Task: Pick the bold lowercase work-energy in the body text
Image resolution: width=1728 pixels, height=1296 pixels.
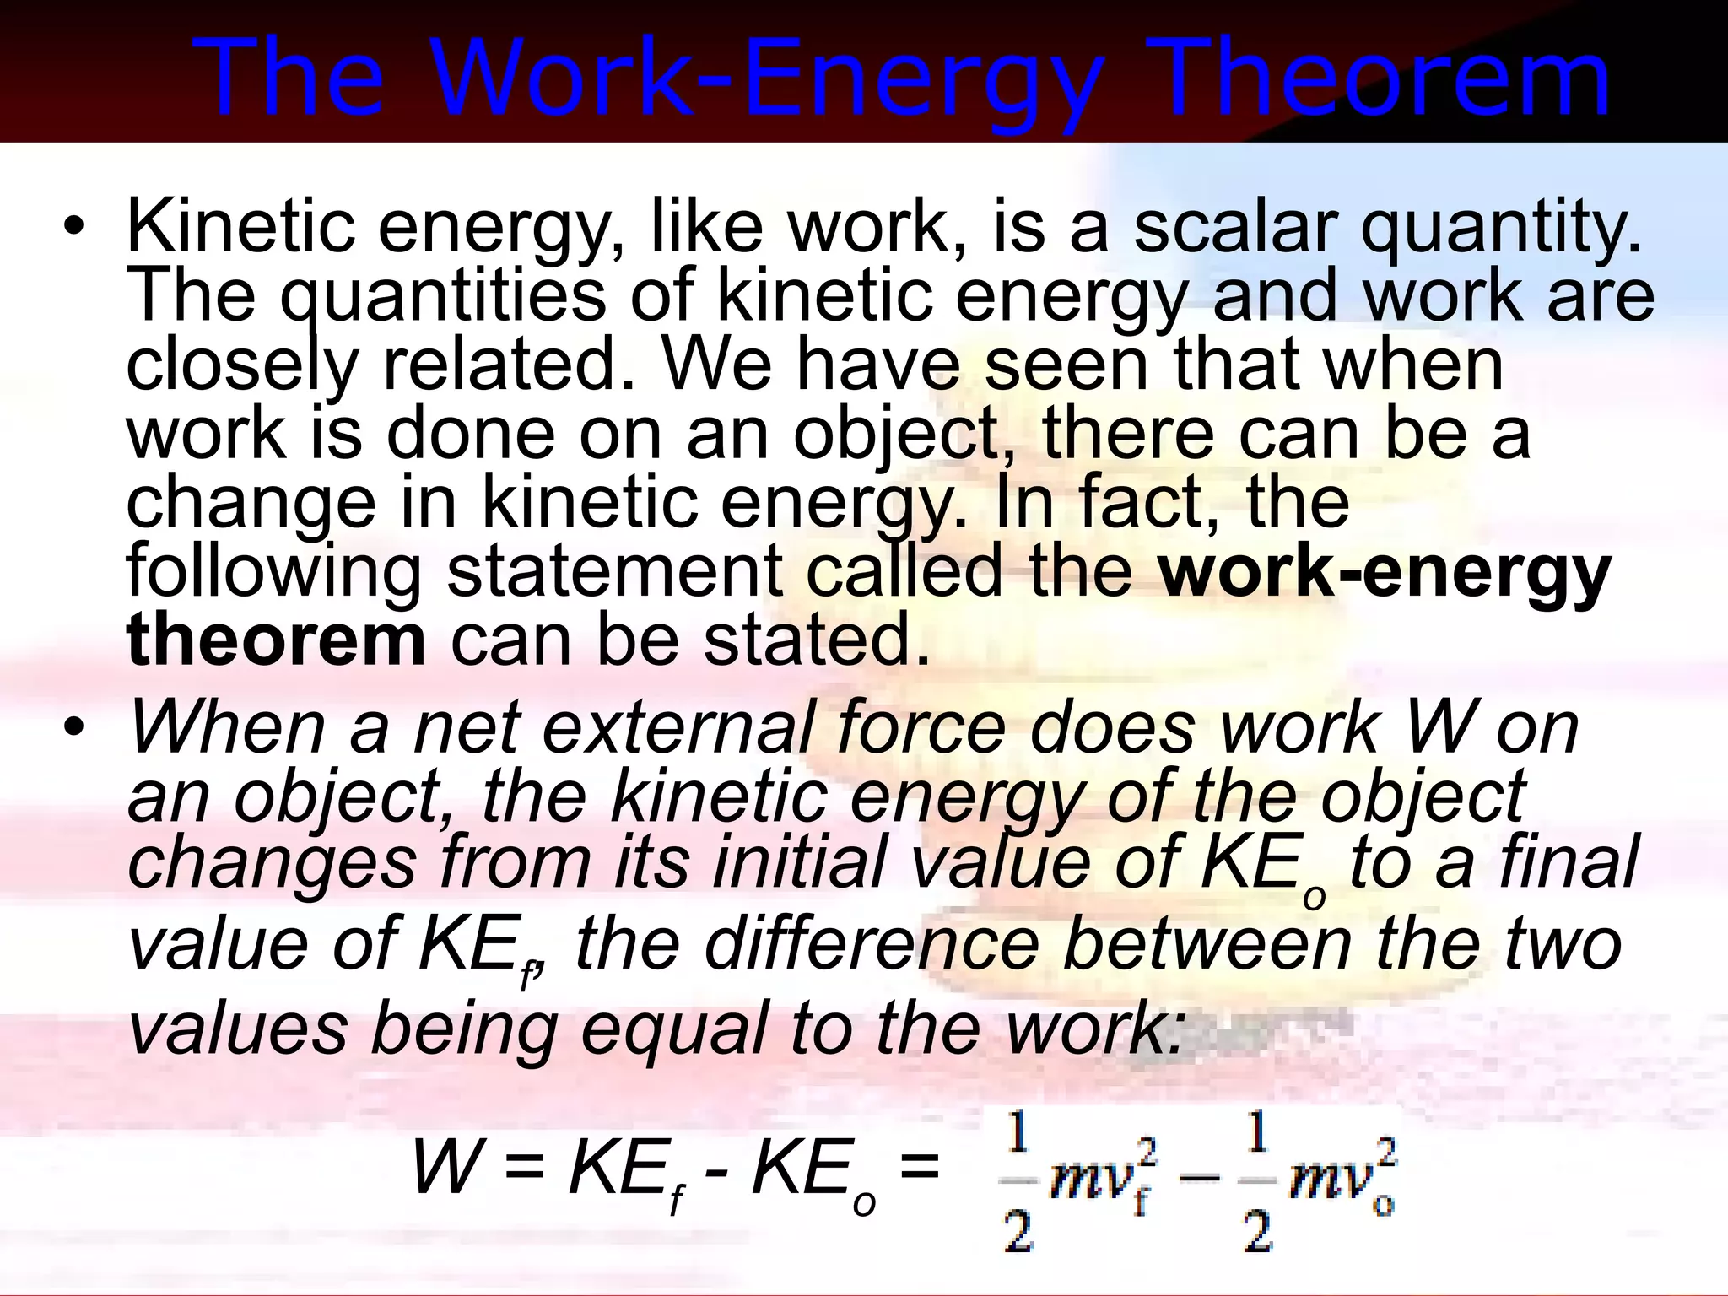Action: pos(1385,574)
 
